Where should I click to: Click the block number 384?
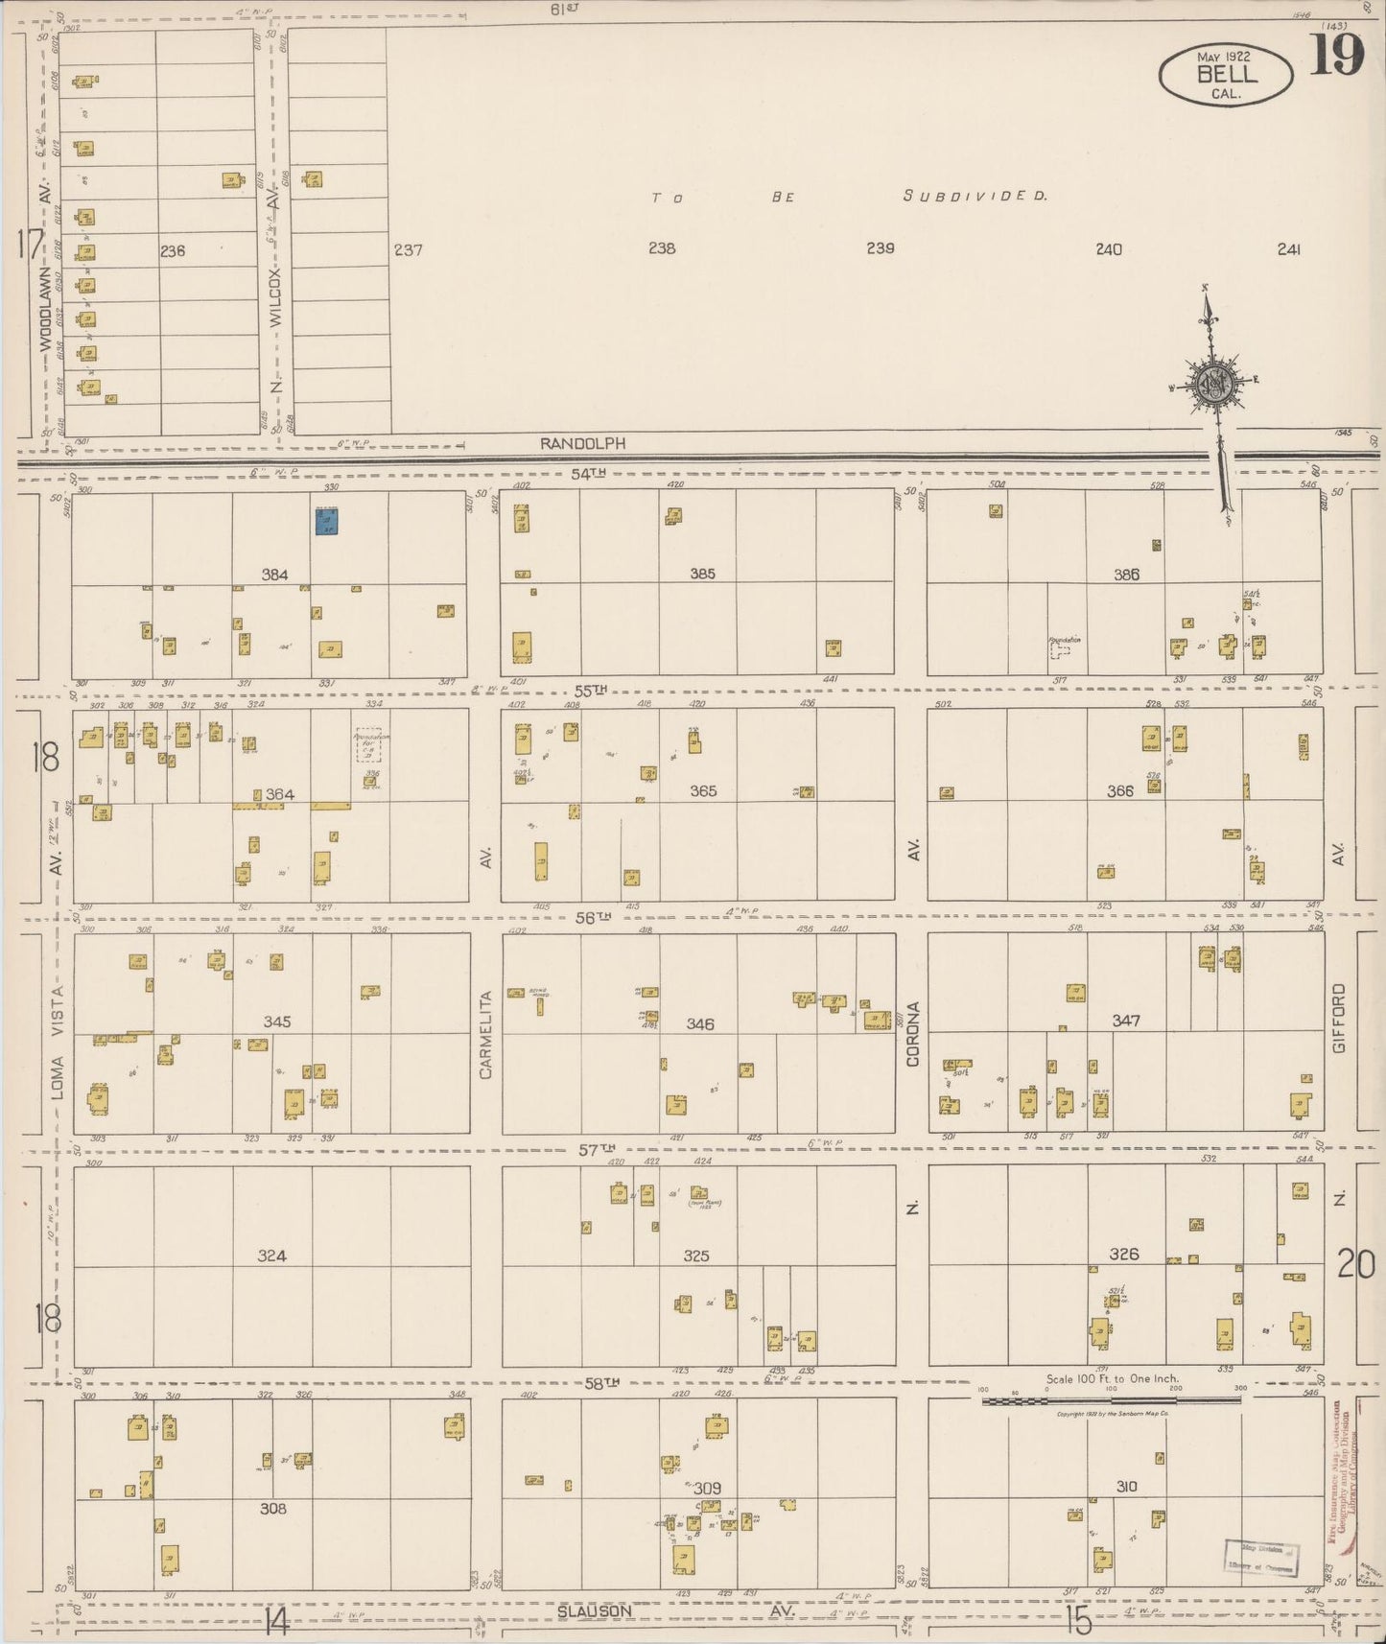click(x=275, y=575)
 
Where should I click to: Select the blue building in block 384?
click(x=327, y=521)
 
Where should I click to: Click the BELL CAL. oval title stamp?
click(x=1225, y=76)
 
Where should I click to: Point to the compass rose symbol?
click(x=1215, y=384)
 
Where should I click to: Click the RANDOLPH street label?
click(x=582, y=444)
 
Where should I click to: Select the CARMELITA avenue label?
click(x=485, y=1035)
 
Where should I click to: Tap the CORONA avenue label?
click(x=913, y=1035)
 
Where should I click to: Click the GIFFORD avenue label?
click(x=1340, y=1019)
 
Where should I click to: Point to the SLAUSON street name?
click(x=595, y=1611)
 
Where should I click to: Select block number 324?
click(x=272, y=1256)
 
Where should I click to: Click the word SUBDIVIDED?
click(x=975, y=196)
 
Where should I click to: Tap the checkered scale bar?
click(x=1110, y=1400)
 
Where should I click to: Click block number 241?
click(x=1288, y=249)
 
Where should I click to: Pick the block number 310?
click(x=1126, y=1487)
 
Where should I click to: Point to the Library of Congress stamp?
click(x=1259, y=1558)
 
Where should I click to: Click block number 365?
click(x=703, y=791)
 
